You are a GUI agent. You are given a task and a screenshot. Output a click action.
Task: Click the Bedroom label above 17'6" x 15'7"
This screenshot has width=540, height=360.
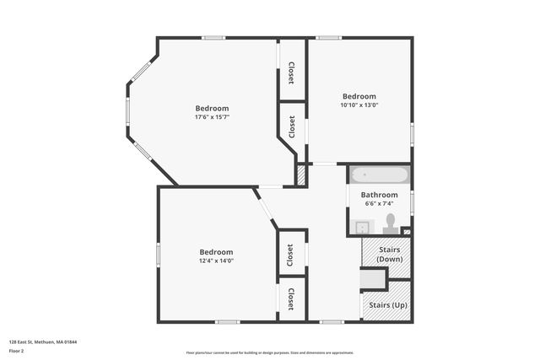click(x=212, y=108)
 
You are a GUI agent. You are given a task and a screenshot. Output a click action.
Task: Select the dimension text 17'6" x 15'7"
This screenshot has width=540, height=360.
click(x=212, y=117)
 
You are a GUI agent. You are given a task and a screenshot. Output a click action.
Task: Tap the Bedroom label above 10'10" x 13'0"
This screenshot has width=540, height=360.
click(x=359, y=96)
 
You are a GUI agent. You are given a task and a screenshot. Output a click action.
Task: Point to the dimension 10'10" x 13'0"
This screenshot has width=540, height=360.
click(x=359, y=105)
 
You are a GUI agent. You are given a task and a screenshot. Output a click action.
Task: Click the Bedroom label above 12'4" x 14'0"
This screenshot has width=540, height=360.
click(x=216, y=252)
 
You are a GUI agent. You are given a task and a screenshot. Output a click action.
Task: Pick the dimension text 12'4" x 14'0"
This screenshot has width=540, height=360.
click(x=216, y=261)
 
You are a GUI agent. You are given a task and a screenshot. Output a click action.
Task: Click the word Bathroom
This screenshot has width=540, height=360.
click(x=380, y=195)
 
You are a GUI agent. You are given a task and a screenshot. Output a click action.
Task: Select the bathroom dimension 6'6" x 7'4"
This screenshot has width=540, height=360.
click(x=380, y=204)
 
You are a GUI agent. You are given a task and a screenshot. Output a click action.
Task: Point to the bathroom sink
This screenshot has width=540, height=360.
click(x=362, y=227)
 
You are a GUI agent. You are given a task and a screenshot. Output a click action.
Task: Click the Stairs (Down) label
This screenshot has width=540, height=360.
click(x=388, y=254)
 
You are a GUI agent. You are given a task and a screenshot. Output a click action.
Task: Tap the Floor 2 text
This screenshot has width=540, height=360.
click(x=17, y=350)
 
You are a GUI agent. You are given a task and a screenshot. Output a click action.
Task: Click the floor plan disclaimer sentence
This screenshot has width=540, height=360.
click(x=270, y=352)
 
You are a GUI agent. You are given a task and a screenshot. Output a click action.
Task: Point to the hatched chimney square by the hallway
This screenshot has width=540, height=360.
click(x=300, y=175)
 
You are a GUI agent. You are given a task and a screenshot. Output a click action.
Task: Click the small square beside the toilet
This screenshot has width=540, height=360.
click(x=406, y=231)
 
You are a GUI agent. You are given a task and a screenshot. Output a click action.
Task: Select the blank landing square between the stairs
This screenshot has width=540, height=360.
click(x=372, y=279)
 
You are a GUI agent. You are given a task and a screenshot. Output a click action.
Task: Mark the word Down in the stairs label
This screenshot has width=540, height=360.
click(x=388, y=259)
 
